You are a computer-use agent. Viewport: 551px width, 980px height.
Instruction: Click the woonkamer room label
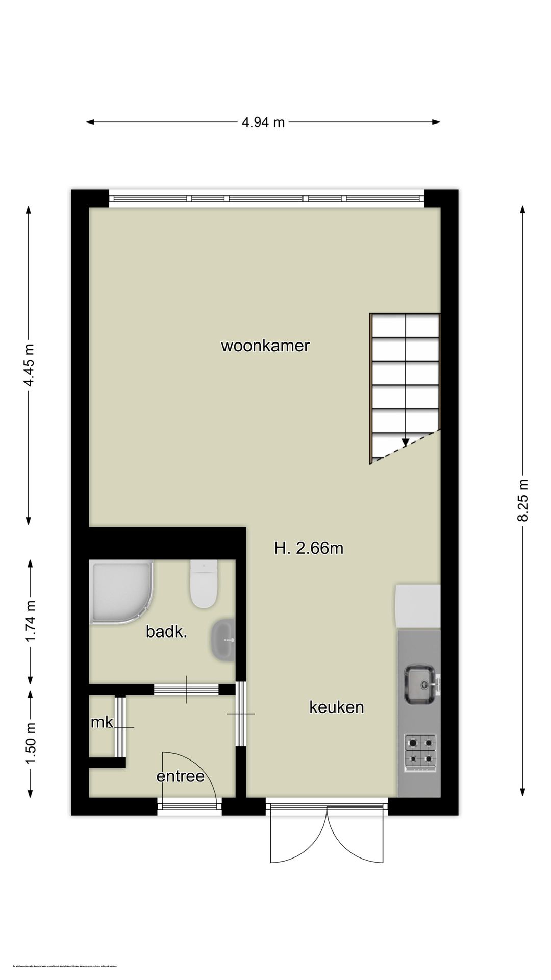click(265, 346)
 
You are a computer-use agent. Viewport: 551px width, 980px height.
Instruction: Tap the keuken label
click(336, 707)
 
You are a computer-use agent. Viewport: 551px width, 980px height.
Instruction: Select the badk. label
click(166, 632)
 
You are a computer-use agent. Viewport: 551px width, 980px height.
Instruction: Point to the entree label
click(180, 776)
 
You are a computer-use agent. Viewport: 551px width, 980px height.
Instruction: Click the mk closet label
click(102, 722)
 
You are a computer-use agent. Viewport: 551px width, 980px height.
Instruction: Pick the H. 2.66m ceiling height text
click(308, 549)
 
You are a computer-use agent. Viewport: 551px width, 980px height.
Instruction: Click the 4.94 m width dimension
click(263, 122)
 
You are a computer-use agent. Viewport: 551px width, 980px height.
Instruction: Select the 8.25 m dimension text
click(522, 500)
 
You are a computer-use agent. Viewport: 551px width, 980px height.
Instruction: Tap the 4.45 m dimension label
click(30, 365)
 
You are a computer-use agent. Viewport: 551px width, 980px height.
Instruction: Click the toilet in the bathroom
click(204, 584)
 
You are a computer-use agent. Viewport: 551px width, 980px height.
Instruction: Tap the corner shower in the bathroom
click(120, 592)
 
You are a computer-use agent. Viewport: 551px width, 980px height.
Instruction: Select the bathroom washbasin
click(222, 639)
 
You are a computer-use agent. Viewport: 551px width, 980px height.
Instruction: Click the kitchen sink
click(420, 684)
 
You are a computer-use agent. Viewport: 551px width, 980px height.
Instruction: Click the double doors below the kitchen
click(327, 835)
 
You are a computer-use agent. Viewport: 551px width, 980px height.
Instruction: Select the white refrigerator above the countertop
click(418, 606)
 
